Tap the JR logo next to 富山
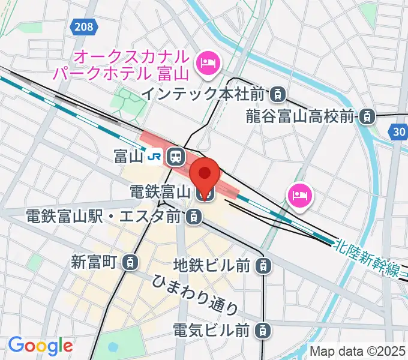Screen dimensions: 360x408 155,157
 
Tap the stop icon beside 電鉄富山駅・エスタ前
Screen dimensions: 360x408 193,217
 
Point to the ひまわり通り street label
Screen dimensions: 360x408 195,295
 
